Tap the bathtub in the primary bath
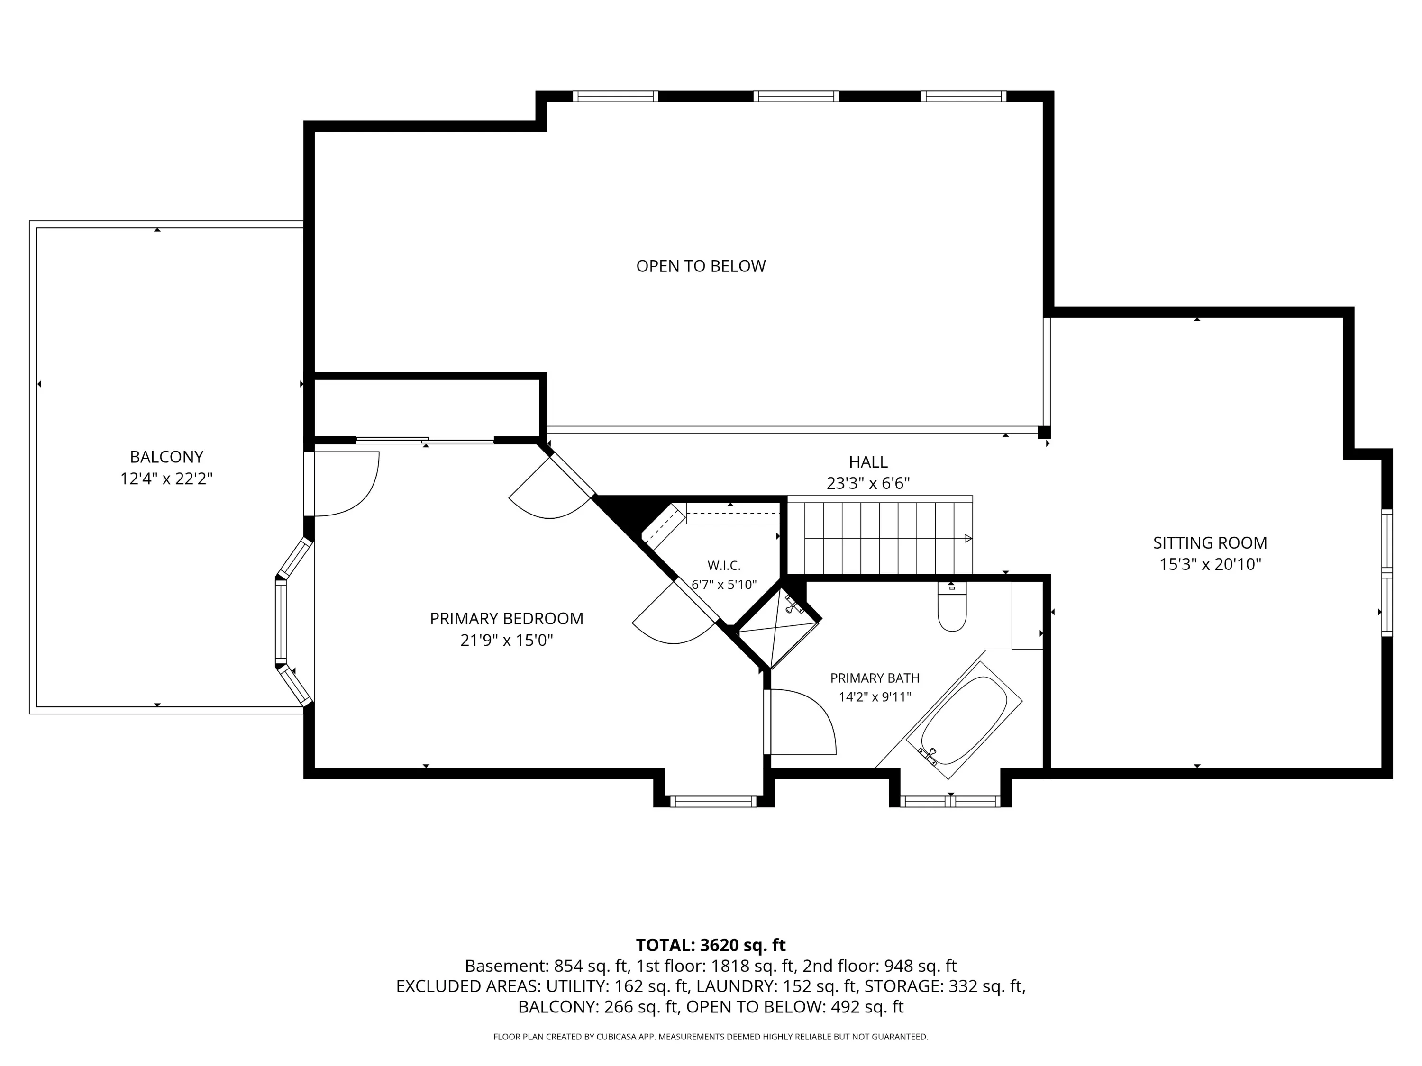pyautogui.click(x=964, y=720)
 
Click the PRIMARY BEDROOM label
pyautogui.click(x=507, y=619)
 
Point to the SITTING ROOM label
pyautogui.click(x=1210, y=543)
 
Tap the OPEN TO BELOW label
pyautogui.click(x=701, y=266)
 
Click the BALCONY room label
pyautogui.click(x=166, y=457)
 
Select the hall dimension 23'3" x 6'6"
pyautogui.click(x=868, y=483)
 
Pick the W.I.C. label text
pyautogui.click(x=724, y=565)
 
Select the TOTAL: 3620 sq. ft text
pyautogui.click(x=711, y=945)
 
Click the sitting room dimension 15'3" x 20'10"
pyautogui.click(x=1210, y=565)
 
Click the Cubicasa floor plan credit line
pyautogui.click(x=711, y=1037)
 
